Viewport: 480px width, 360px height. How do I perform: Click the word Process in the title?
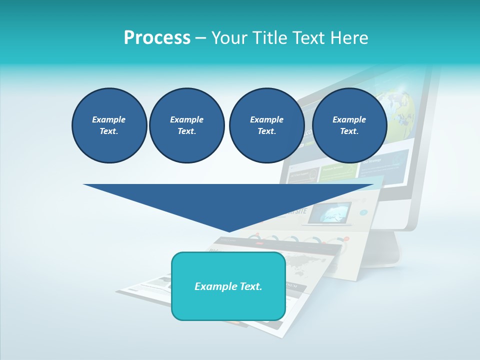157,38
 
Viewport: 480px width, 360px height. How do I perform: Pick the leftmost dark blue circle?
109,125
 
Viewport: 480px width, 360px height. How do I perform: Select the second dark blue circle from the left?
186,125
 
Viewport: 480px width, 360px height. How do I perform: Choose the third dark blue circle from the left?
266,125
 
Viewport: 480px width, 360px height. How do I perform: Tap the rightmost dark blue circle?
349,125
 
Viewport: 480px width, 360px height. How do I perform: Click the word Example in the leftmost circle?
109,119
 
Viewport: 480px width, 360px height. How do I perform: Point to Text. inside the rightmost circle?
349,131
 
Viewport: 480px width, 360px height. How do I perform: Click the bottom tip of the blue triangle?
229,231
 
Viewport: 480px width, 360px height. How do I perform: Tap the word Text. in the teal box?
250,286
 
